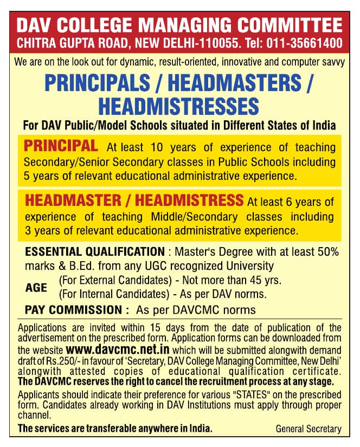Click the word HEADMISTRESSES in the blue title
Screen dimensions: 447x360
pyautogui.click(x=179, y=105)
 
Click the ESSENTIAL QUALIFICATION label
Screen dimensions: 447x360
pyautogui.click(x=95, y=252)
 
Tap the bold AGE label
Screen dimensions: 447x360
pyautogui.click(x=36, y=288)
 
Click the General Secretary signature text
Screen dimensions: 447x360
pyautogui.click(x=308, y=429)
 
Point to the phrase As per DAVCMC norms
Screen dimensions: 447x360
pyautogui.click(x=196, y=310)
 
